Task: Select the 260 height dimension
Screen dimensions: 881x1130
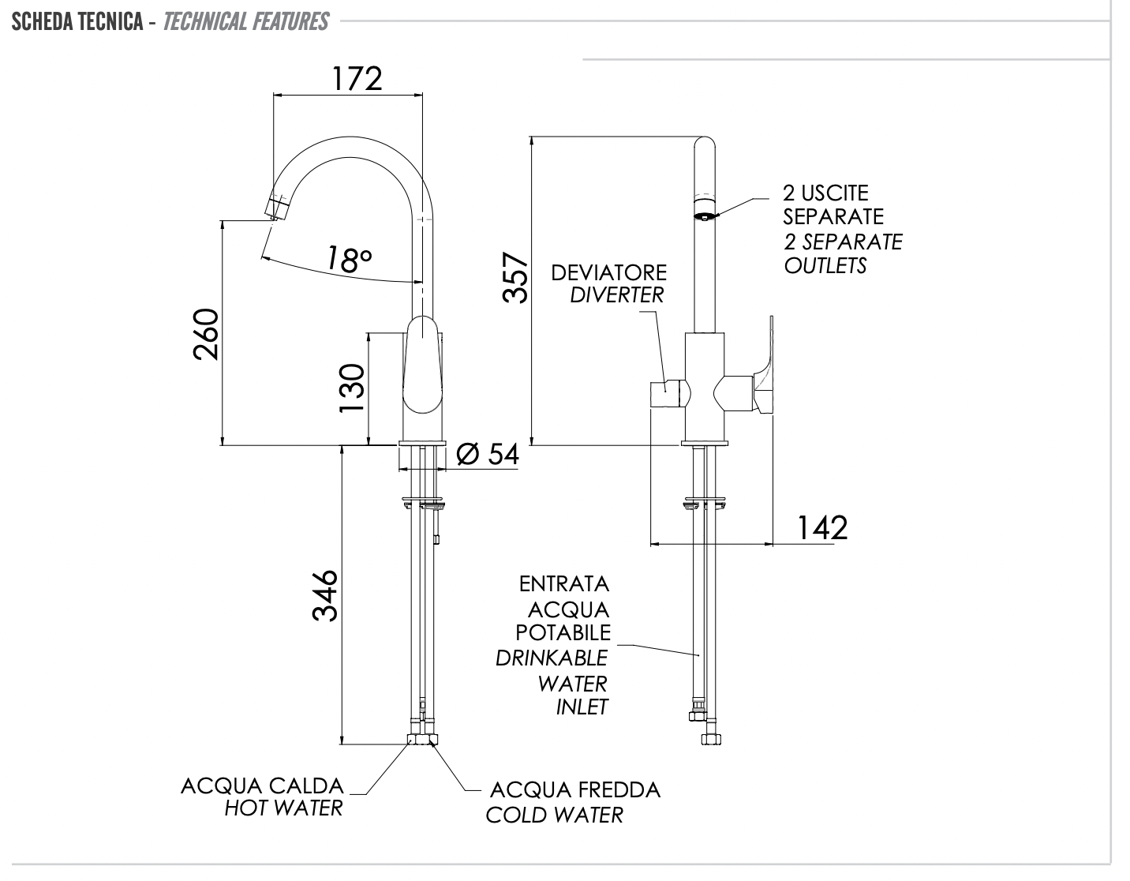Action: (206, 334)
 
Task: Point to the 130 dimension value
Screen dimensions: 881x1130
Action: (352, 387)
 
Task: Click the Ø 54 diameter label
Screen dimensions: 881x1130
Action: (488, 454)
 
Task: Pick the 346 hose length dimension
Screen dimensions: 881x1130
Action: (325, 595)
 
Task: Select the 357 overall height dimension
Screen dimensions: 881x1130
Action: (515, 277)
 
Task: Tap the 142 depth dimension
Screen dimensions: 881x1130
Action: (821, 527)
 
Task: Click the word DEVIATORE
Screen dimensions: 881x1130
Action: (608, 273)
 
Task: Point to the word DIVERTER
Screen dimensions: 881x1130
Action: (616, 295)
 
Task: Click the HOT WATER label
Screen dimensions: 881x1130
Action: (283, 808)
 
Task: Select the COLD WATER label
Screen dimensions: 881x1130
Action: (554, 815)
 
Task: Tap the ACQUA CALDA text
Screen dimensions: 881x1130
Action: (262, 786)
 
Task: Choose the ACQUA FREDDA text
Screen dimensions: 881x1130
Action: (574, 790)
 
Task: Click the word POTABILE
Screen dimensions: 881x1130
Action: (563, 632)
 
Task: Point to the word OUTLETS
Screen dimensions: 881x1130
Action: (825, 265)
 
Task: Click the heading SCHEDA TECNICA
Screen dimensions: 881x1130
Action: (77, 21)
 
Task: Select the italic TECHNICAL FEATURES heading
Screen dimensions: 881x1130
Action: (245, 21)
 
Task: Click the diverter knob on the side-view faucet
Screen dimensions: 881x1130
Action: (668, 393)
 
